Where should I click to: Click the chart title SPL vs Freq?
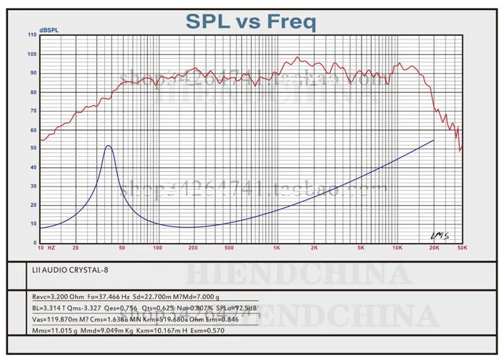coord(250,22)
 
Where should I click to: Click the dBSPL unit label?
coord(48,30)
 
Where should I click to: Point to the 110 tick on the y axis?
coord(33,35)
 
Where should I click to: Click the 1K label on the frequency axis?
coord(276,249)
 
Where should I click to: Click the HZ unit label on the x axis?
coord(52,249)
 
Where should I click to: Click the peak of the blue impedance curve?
coord(108,146)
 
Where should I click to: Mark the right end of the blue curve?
coord(434,140)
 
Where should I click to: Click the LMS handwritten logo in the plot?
coord(439,236)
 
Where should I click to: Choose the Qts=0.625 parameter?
coord(162,308)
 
